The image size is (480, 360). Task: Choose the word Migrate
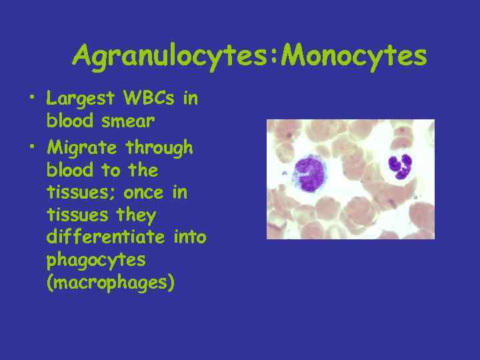82,147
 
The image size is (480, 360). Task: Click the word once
150,193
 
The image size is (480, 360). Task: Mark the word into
189,237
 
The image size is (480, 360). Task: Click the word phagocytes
96,260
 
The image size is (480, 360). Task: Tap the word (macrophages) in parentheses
111,283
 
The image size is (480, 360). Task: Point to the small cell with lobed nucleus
401,166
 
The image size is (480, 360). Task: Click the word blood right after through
69,170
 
